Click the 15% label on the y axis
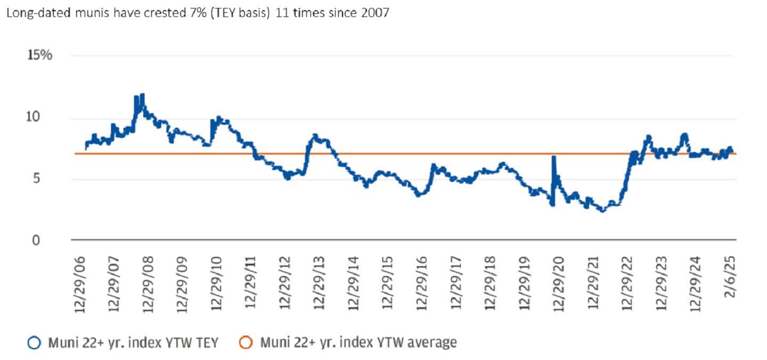tap(39, 55)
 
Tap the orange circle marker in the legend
tap(245, 343)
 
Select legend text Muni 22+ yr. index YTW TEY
tap(133, 343)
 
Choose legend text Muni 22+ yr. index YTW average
tap(358, 343)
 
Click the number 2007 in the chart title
tap(375, 13)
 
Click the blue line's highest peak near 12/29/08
tap(142, 95)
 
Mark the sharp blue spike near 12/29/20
tap(553, 157)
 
